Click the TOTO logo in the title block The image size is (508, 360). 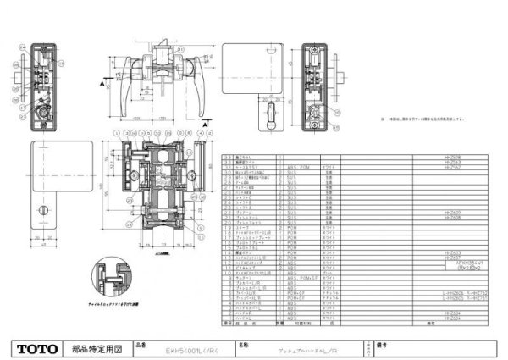click(x=36, y=347)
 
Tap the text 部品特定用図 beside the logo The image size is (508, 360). click(x=98, y=347)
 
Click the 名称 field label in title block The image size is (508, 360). click(x=246, y=345)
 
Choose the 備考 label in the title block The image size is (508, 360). click(x=382, y=345)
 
